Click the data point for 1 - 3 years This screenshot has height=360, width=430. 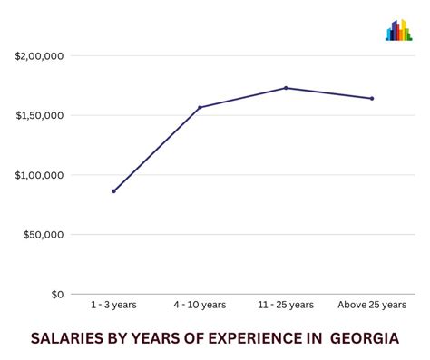(113, 191)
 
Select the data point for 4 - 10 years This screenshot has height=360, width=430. (200, 107)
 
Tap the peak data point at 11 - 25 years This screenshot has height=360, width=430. (286, 88)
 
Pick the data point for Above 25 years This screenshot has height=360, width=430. (372, 98)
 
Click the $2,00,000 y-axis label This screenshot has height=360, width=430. (39, 56)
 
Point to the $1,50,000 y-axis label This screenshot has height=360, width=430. (39, 115)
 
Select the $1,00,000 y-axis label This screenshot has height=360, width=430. (39, 175)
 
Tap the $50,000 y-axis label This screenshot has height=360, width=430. (43, 235)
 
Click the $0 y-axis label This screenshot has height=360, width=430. (56, 294)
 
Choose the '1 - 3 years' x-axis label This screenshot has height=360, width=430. (113, 305)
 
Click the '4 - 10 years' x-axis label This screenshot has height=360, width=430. (200, 305)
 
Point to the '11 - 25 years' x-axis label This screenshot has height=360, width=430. (286, 305)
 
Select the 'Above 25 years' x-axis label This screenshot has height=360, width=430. (372, 305)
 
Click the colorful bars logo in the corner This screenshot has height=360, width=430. (398, 31)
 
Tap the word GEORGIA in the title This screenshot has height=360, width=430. (365, 338)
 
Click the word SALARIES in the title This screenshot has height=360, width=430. (68, 338)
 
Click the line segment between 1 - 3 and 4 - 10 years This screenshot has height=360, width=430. (156, 150)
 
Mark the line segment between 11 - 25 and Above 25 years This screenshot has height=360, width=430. (328, 93)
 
